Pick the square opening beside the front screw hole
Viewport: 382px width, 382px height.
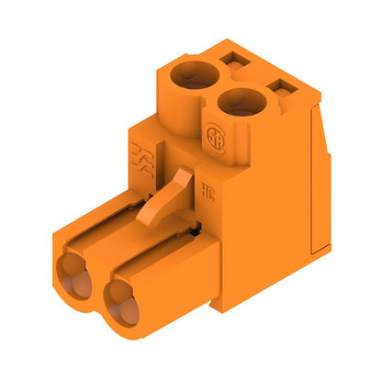[282, 90]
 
